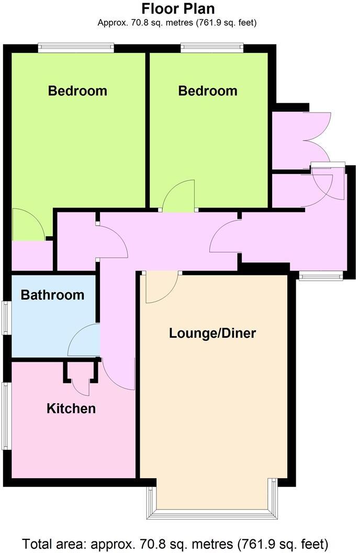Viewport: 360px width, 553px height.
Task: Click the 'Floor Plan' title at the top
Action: point(178,9)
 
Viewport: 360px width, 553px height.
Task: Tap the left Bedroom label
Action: point(77,91)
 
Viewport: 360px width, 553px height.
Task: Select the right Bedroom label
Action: point(208,91)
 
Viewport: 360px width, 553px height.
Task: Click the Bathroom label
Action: point(52,295)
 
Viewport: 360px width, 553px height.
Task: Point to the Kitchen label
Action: point(71,408)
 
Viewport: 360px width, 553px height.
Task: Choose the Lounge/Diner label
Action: point(212,333)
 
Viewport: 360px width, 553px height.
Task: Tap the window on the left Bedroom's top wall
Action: point(76,49)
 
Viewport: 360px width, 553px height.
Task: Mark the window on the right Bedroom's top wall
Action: point(212,49)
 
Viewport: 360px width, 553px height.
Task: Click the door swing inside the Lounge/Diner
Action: point(160,287)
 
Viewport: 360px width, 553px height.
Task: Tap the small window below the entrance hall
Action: point(321,276)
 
